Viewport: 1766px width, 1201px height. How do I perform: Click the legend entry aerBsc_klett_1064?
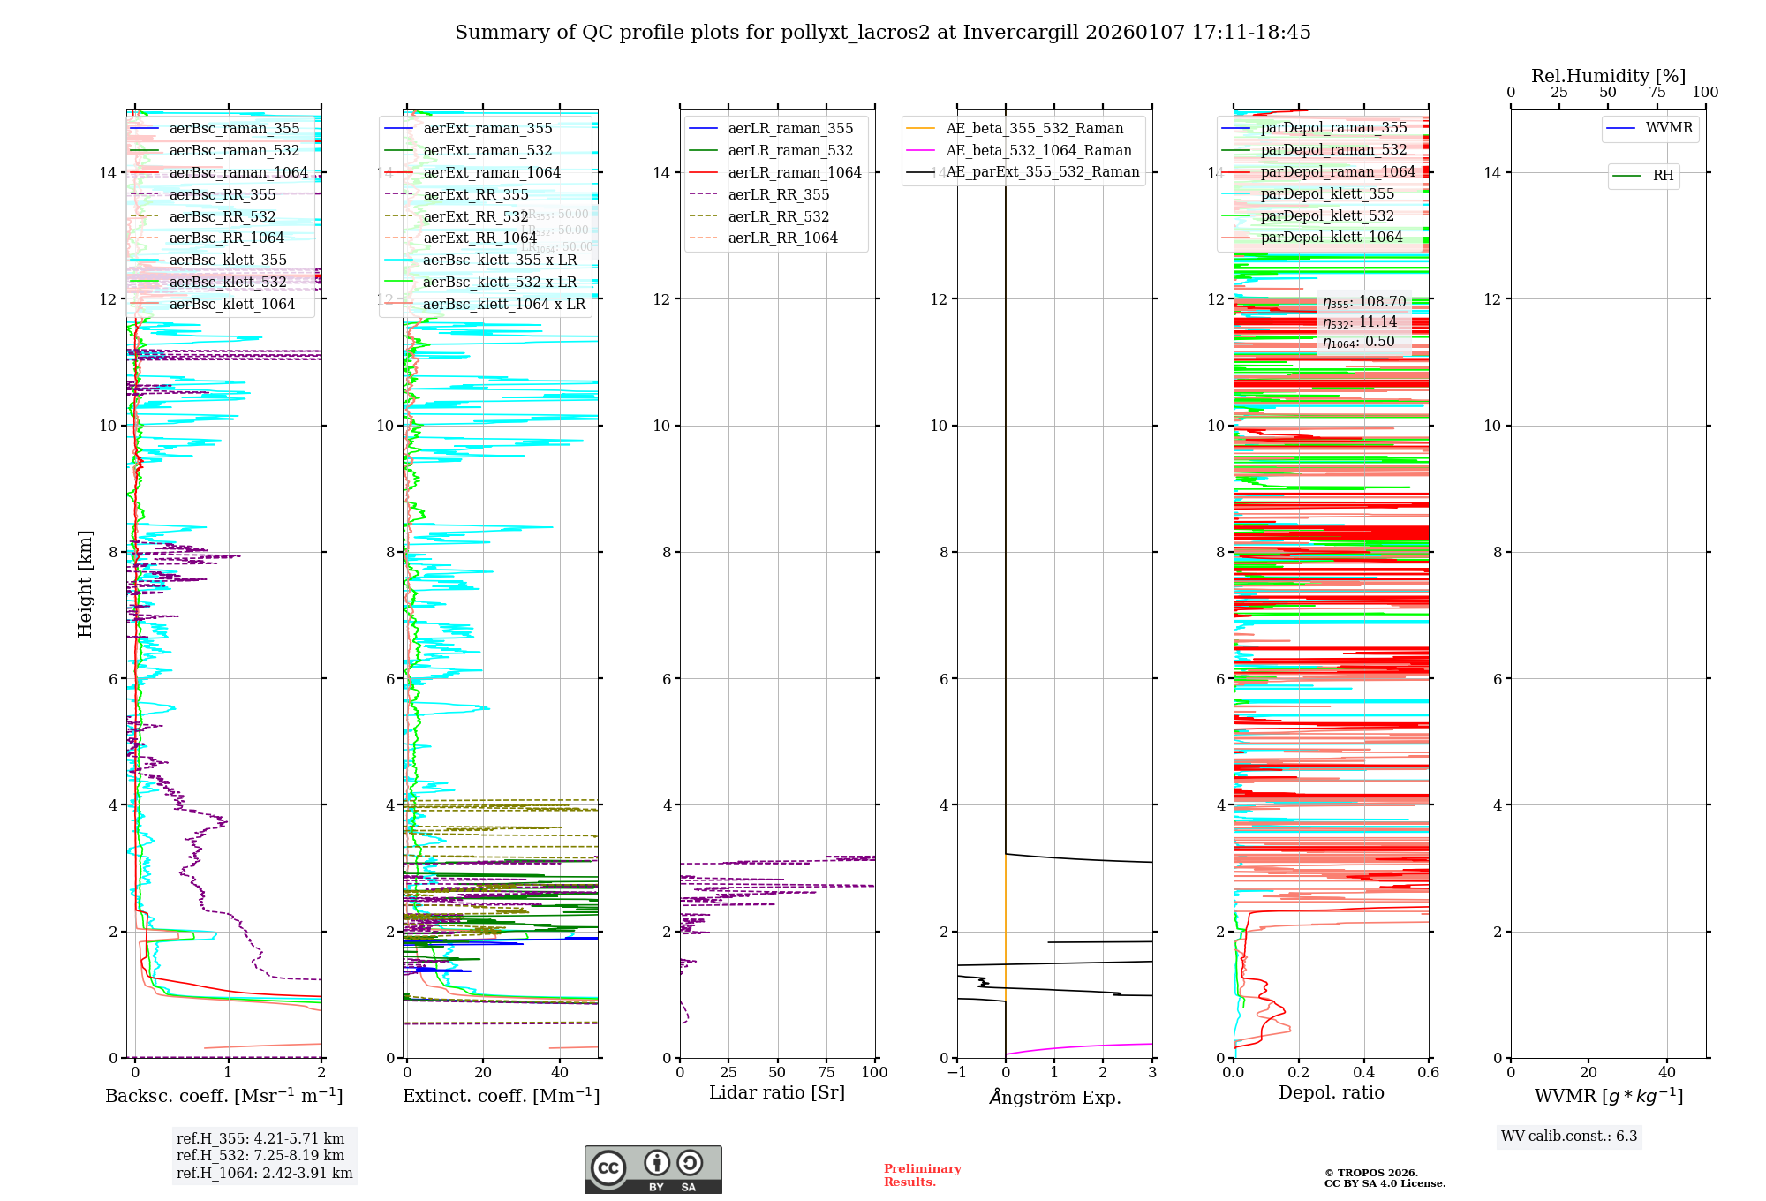231,304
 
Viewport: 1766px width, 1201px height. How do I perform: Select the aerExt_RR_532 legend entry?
475,216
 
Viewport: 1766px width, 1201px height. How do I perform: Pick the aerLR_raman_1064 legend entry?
794,172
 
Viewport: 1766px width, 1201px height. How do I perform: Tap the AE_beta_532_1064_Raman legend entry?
1038,150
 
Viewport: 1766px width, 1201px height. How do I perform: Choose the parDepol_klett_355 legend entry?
1327,193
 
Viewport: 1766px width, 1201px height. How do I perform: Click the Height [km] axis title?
85,584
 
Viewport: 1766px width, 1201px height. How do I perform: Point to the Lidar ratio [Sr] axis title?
777,1092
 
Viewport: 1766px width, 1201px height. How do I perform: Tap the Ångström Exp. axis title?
1054,1097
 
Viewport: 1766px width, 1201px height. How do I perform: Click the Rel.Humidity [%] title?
1608,76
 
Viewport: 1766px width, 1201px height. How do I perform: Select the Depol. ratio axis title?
1331,1092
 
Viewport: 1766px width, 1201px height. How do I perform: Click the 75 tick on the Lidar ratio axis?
826,1072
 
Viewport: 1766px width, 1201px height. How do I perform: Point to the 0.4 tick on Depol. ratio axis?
1363,1072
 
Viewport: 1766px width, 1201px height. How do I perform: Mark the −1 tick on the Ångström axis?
956,1072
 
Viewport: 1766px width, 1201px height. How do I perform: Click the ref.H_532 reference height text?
260,1155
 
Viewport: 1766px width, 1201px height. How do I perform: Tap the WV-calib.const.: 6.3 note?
1568,1136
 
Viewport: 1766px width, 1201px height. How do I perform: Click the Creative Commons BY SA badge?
653,1169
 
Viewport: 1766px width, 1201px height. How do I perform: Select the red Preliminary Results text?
922,1175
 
